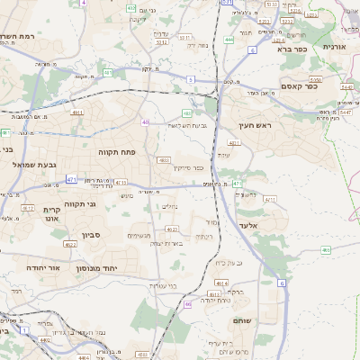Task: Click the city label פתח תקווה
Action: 117,153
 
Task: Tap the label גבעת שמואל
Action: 35,165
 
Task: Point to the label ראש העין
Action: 256,127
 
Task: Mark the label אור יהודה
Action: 40,268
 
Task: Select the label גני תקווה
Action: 81,204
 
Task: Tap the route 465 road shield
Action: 326,249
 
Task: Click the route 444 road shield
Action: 229,40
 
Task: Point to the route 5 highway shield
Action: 191,80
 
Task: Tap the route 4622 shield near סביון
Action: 70,244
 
